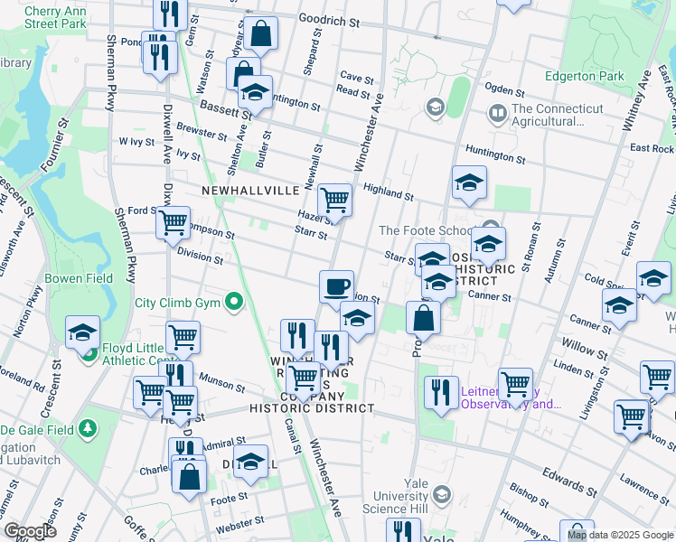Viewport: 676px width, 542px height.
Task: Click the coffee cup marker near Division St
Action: coord(336,287)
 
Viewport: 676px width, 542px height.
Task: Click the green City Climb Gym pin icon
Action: coord(235,301)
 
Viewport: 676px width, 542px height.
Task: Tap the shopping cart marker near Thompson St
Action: coord(173,220)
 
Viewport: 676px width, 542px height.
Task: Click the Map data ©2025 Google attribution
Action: coord(620,535)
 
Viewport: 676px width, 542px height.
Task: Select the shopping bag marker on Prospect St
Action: coord(423,318)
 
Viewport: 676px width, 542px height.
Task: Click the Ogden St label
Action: coord(504,90)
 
